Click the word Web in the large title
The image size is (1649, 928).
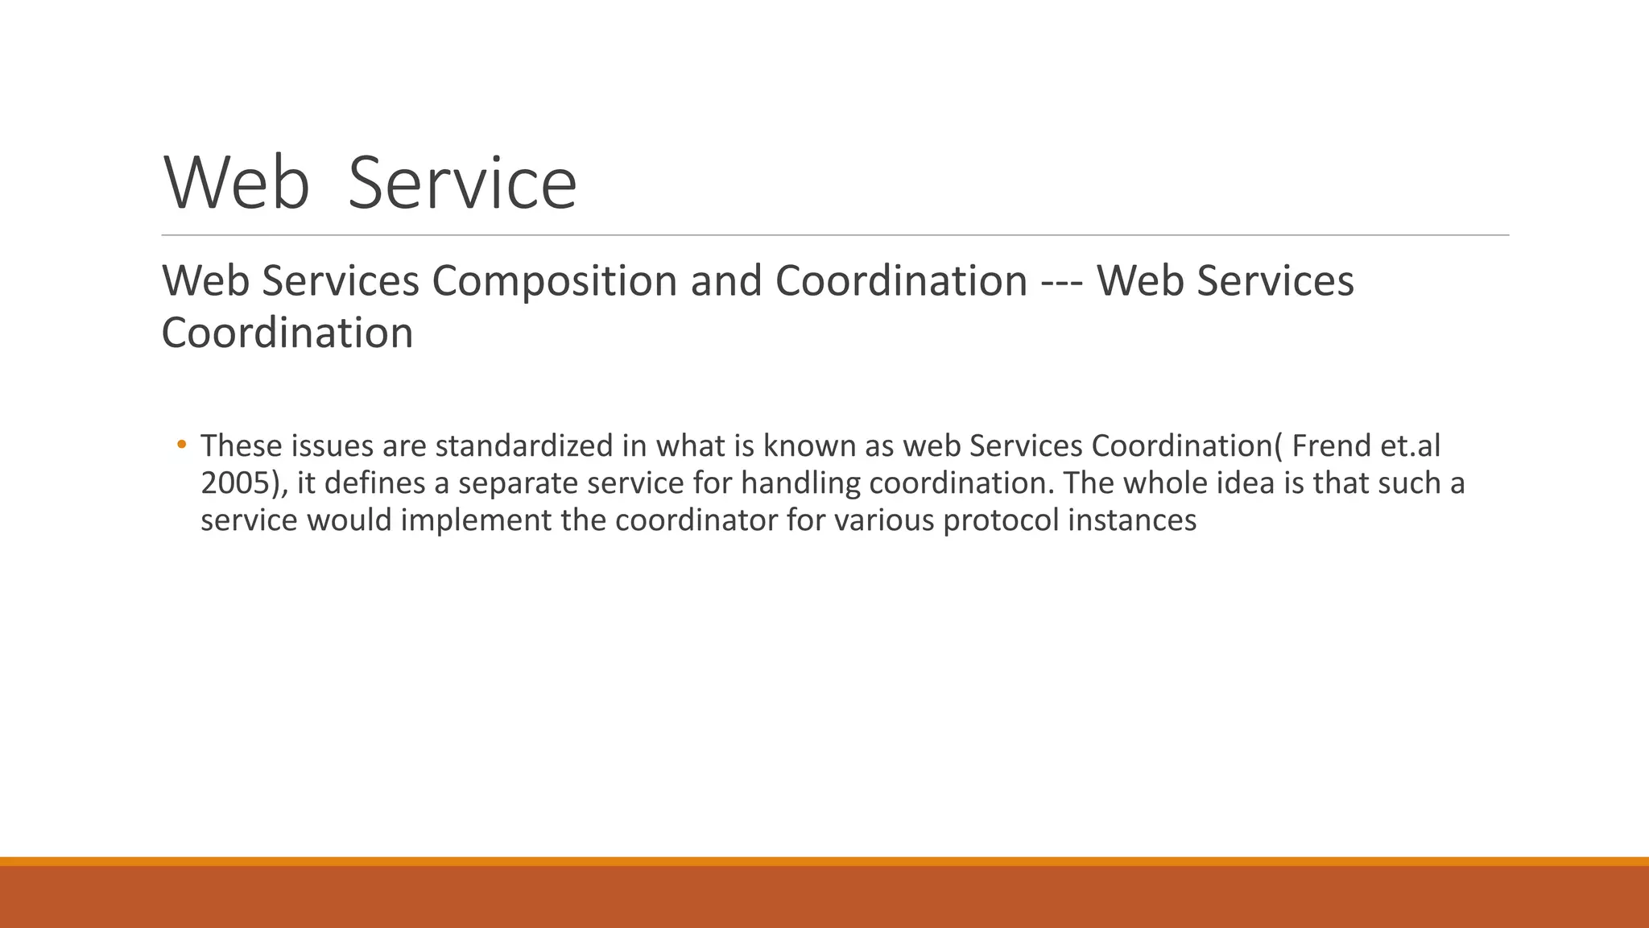(237, 184)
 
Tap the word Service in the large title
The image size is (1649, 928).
(462, 184)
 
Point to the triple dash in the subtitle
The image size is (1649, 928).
(1061, 281)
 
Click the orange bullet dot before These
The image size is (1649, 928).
(181, 444)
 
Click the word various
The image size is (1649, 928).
(883, 520)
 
